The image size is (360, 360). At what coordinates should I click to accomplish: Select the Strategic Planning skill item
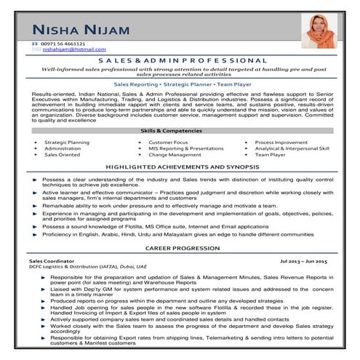(x=66, y=142)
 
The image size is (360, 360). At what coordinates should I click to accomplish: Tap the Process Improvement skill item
(x=281, y=142)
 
